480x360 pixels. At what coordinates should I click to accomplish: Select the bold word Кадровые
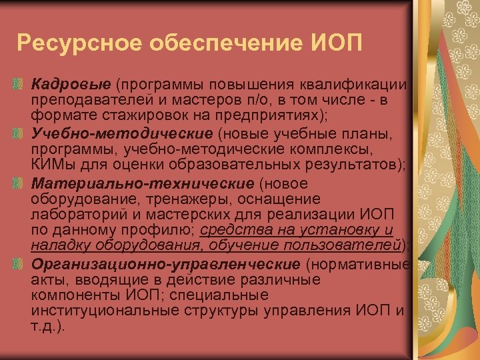71,85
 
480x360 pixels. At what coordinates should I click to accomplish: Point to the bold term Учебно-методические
110,133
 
